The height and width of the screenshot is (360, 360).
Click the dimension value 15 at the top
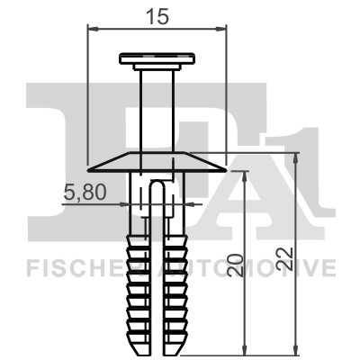click(157, 14)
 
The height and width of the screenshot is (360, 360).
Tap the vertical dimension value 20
click(235, 265)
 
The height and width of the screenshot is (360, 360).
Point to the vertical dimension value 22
click(287, 259)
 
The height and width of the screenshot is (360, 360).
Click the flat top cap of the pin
click(157, 59)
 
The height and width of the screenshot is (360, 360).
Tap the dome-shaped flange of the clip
click(157, 163)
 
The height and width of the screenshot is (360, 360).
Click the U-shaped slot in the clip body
click(158, 202)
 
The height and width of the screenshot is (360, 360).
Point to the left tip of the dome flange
click(90, 168)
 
